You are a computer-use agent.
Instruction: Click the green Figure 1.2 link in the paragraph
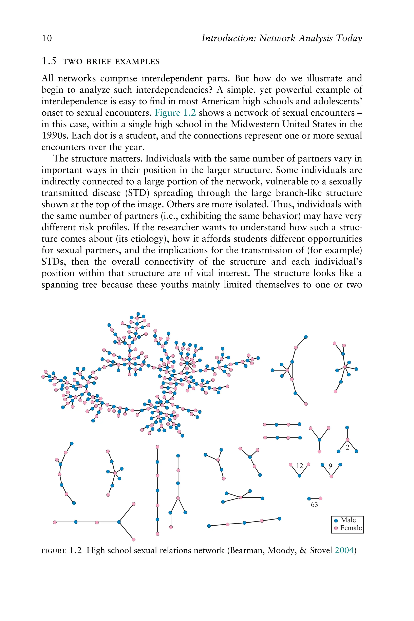(175, 113)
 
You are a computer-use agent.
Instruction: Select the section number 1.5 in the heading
(49, 61)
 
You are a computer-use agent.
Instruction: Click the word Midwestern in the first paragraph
(255, 124)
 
